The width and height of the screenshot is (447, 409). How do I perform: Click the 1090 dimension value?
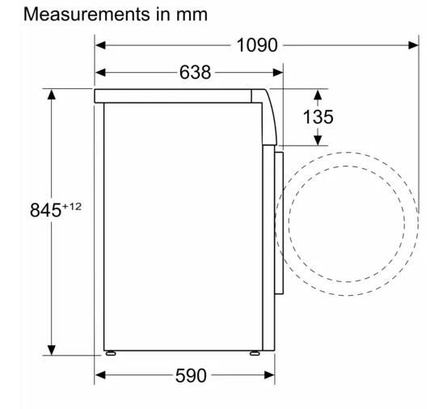pos(257,45)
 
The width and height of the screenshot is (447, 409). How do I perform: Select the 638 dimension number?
pos(196,73)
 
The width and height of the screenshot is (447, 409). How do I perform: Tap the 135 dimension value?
pos(318,117)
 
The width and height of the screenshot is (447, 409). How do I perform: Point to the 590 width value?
pos(191,375)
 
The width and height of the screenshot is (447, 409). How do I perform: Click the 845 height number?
pos(45,210)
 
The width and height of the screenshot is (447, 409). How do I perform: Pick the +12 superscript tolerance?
pos(72,206)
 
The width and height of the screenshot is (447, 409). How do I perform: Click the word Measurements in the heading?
pos(86,15)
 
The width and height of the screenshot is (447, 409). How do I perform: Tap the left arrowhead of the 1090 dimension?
pos(100,45)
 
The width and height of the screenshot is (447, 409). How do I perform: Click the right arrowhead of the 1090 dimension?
pos(413,45)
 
